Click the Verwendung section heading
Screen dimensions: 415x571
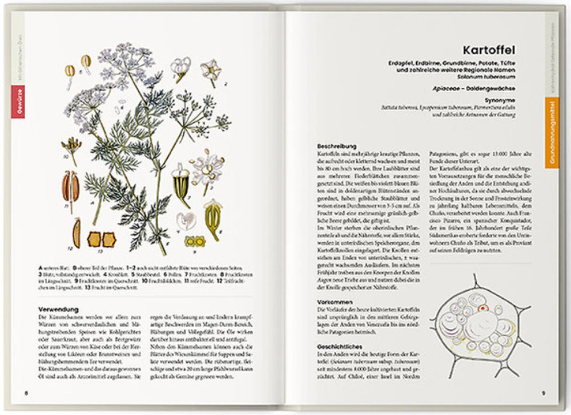pyautogui.click(x=58, y=310)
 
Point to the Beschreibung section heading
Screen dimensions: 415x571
pyautogui.click(x=337, y=147)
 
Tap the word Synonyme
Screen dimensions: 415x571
pyautogui.click(x=502, y=99)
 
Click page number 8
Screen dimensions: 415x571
pyautogui.click(x=25, y=393)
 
